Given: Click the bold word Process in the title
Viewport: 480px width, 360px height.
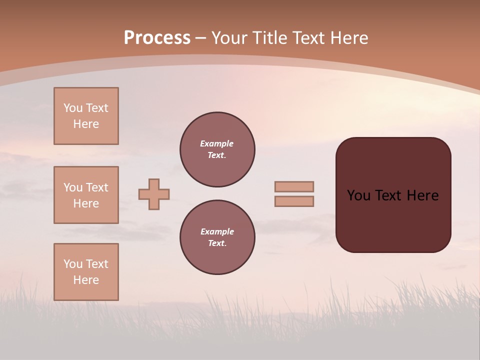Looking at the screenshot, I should [157, 38].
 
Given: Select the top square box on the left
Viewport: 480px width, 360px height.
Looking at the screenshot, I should [86, 116].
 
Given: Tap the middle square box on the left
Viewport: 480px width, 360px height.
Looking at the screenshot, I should [86, 195].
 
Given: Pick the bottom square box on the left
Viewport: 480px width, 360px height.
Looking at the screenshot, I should [86, 272].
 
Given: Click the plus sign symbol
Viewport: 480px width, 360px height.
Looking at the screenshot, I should [154, 194].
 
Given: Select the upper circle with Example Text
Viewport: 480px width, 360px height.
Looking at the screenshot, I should [217, 149].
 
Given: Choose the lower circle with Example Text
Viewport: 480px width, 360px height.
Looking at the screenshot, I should [217, 237].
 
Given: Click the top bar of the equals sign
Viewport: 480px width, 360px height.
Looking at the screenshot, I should [294, 186].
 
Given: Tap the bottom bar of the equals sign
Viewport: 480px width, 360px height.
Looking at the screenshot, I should [294, 201].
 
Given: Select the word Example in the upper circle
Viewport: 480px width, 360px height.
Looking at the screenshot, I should [217, 143].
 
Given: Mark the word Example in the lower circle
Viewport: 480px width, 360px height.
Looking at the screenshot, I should [217, 231].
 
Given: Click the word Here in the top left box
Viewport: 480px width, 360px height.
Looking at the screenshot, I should [86, 124].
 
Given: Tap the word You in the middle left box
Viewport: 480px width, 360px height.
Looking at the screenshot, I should [72, 187].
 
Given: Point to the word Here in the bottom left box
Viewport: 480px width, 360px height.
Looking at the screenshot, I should [86, 280].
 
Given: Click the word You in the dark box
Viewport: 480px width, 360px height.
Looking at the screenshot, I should [358, 195].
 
